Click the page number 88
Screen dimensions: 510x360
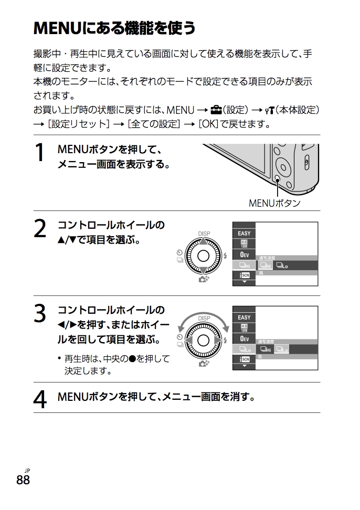23,480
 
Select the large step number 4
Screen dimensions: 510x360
40,399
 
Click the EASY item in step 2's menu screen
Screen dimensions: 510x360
244,233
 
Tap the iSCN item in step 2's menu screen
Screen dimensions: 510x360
244,275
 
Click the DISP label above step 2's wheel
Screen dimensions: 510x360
204,233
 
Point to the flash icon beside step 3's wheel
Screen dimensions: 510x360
225,340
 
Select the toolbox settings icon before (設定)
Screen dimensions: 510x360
215,110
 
